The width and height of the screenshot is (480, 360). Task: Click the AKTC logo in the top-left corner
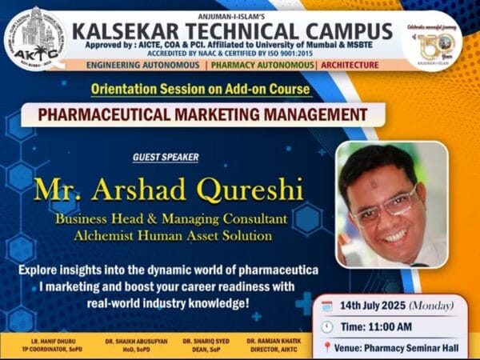tap(35, 38)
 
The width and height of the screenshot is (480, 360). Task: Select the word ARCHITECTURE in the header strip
tap(354, 63)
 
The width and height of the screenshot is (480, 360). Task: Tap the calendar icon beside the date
tap(327, 306)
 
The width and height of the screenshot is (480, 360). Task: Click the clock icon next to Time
tap(327, 326)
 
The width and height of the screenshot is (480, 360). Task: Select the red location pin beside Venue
tap(327, 347)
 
